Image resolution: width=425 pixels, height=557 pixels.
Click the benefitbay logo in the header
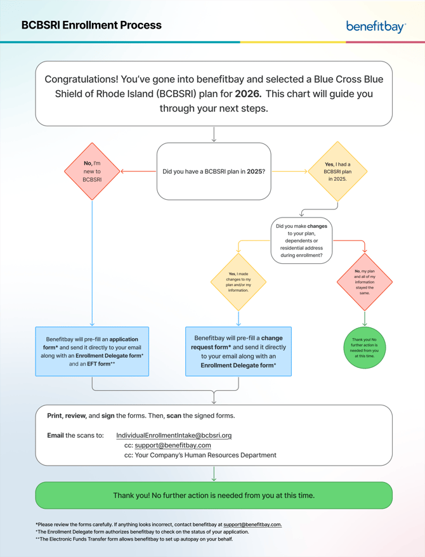tap(376, 26)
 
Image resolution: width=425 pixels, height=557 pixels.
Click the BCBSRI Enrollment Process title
tap(91, 25)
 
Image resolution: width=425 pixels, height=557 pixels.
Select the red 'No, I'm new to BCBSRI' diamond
tap(92, 171)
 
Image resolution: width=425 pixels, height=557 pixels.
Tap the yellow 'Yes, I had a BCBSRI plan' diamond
tap(337, 171)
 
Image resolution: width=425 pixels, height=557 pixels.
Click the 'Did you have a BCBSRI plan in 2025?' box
tap(214, 171)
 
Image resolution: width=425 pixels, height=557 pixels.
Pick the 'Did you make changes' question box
tap(301, 240)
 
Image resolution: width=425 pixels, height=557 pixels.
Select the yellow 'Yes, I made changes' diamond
tap(239, 282)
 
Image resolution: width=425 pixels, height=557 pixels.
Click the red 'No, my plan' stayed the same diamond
tap(365, 282)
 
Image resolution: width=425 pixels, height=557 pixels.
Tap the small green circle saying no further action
tap(365, 348)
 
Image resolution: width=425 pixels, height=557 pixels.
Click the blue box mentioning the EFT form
tap(92, 351)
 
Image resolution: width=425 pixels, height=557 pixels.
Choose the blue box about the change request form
tap(239, 351)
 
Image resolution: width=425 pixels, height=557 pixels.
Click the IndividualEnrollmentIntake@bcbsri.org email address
tap(174, 436)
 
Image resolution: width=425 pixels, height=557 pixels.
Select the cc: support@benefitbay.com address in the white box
tap(173, 445)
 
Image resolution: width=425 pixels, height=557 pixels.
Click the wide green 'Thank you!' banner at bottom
tap(214, 495)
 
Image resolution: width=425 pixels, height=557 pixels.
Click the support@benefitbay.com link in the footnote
tap(252, 525)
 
